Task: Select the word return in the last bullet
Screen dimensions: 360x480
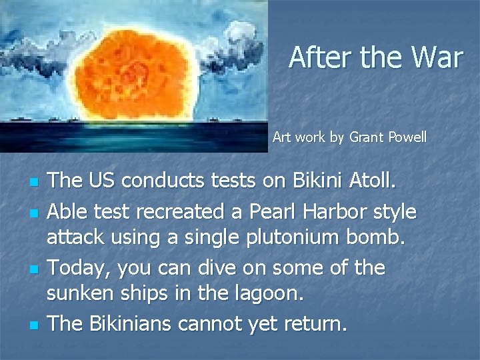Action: (309, 324)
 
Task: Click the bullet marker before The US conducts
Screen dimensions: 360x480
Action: (32, 182)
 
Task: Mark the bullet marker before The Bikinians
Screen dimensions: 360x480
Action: (32, 325)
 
